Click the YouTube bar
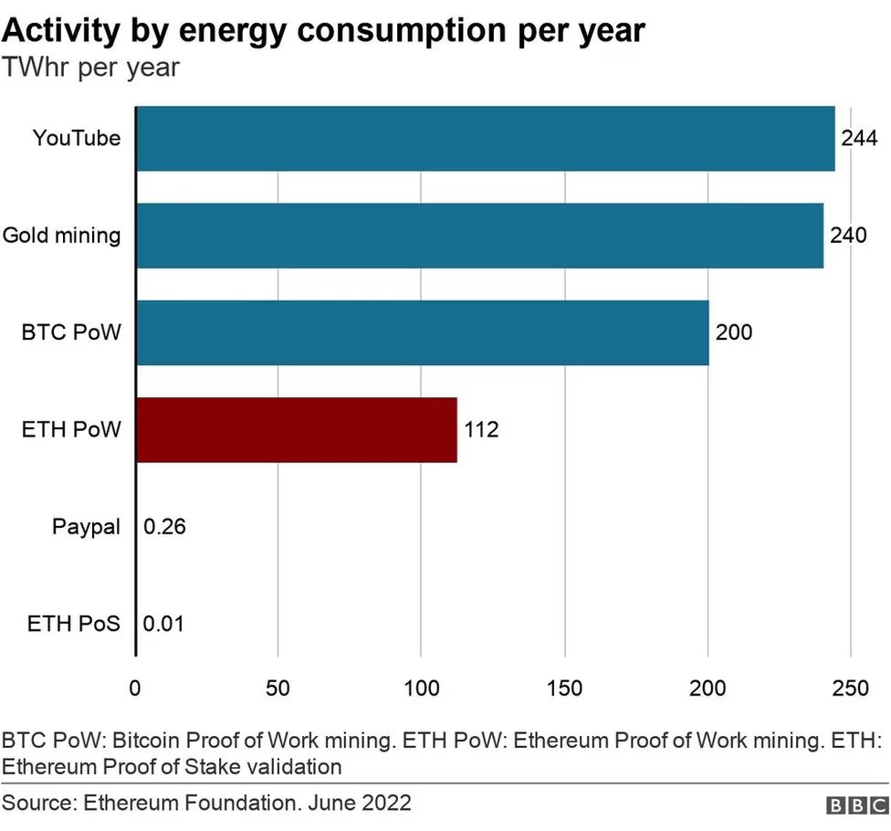[485, 139]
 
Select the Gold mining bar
[479, 236]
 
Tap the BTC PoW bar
[422, 332]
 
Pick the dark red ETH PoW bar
[296, 429]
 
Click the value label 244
[859, 139]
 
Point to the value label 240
[847, 236]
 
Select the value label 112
[481, 429]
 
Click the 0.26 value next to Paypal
[165, 527]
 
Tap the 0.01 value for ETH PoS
[165, 625]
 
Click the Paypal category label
[86, 527]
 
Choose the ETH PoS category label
[73, 625]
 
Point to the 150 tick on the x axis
[564, 689]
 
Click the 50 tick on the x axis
[278, 689]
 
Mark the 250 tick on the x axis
[851, 689]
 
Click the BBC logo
[857, 805]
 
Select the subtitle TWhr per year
[91, 68]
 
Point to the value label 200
[734, 332]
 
